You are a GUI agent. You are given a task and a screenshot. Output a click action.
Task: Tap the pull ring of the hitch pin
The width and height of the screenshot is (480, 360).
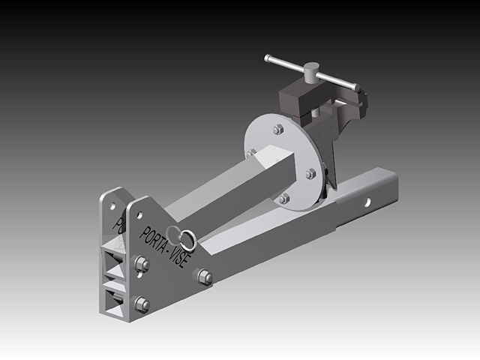click(x=187, y=238)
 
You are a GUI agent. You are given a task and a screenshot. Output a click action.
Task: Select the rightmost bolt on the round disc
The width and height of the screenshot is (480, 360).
click(x=310, y=174)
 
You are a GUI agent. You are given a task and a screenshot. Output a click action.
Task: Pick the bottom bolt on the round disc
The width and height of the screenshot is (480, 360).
click(x=283, y=199)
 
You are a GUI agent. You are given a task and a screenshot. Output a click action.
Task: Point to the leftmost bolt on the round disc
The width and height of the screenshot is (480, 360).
click(x=252, y=153)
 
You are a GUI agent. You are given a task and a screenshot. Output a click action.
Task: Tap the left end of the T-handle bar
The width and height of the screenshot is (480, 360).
click(x=268, y=58)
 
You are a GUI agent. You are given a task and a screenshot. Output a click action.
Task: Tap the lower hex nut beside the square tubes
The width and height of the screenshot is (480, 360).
click(x=140, y=304)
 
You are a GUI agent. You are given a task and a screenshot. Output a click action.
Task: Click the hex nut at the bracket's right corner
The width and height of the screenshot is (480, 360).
click(x=204, y=277)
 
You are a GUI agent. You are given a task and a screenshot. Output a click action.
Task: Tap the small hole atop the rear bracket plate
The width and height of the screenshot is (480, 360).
click(x=111, y=203)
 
